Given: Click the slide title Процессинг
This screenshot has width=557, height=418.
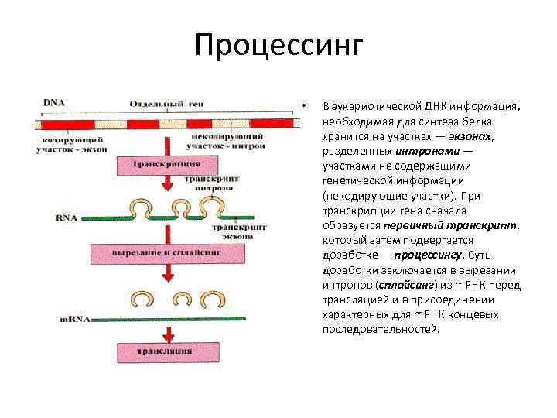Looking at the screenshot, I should (278, 45).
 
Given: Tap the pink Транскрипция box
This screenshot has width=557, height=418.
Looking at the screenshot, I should (166, 165).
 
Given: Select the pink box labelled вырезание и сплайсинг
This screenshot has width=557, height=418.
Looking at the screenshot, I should (166, 254).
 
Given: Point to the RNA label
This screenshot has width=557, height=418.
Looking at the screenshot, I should (67, 218).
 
